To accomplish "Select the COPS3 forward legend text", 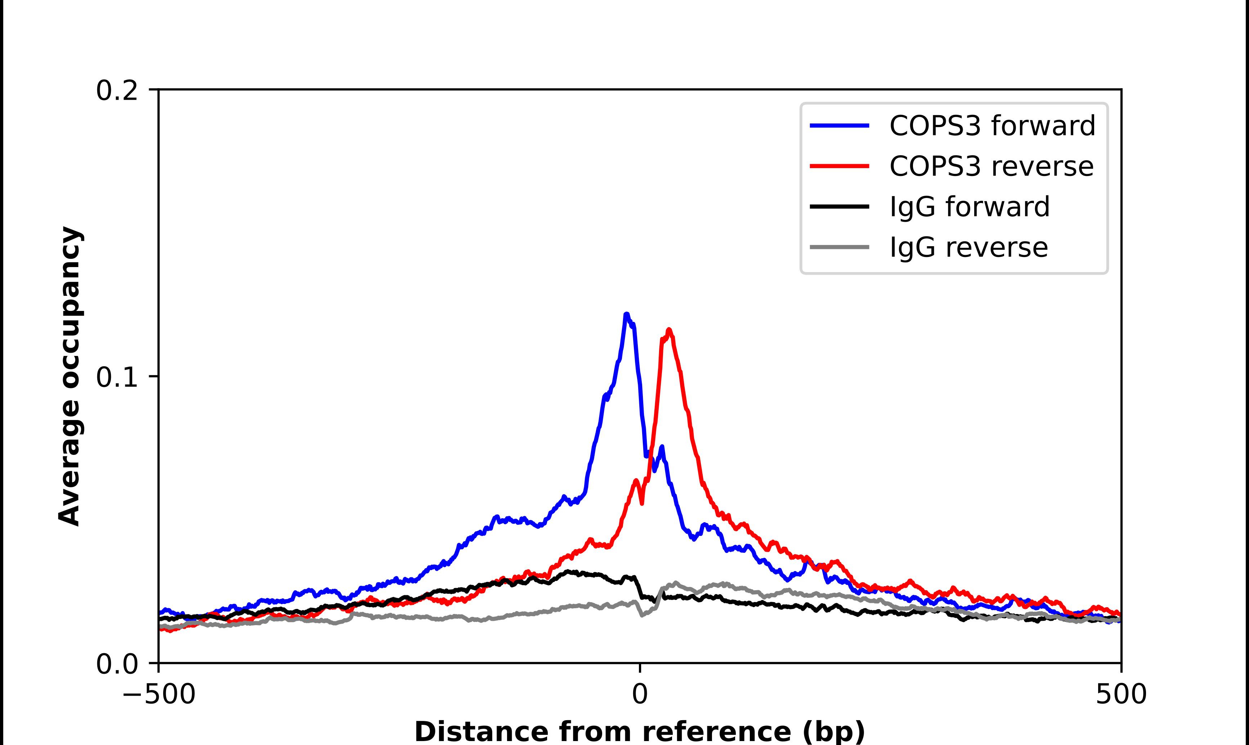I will tap(992, 126).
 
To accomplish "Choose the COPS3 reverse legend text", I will tap(991, 166).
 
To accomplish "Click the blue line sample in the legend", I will tap(839, 126).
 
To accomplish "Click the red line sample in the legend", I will tap(839, 166).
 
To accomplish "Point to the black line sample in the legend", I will tap(839, 206).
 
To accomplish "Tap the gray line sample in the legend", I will tap(839, 247).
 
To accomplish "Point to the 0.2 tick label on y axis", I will tap(117, 91).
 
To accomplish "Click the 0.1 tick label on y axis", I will tap(117, 377).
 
